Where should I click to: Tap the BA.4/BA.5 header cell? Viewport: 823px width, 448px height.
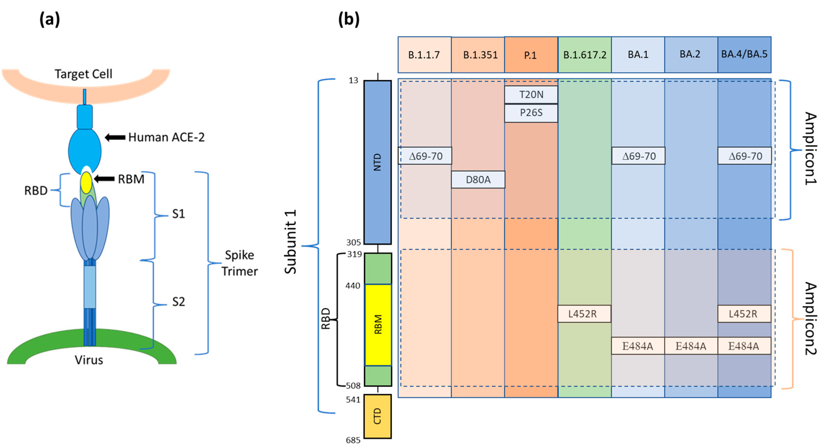click(x=744, y=54)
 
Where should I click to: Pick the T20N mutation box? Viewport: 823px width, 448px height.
click(x=531, y=95)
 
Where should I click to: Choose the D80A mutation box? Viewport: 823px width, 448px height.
click(x=478, y=180)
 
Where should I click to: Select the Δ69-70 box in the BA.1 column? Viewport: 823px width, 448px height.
click(x=638, y=156)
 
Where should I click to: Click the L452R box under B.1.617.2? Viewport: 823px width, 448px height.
click(x=584, y=314)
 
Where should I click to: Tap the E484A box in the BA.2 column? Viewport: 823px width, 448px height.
click(x=691, y=346)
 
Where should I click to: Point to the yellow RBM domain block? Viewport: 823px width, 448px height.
click(x=378, y=324)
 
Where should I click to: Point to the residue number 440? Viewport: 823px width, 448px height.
click(x=353, y=286)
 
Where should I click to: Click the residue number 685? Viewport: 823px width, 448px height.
click(x=353, y=440)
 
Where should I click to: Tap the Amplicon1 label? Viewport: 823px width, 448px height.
click(x=810, y=148)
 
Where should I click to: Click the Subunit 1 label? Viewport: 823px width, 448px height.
click(x=291, y=242)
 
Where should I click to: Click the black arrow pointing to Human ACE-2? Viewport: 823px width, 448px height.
click(x=115, y=138)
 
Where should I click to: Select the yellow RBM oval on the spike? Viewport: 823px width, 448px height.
click(x=86, y=183)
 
